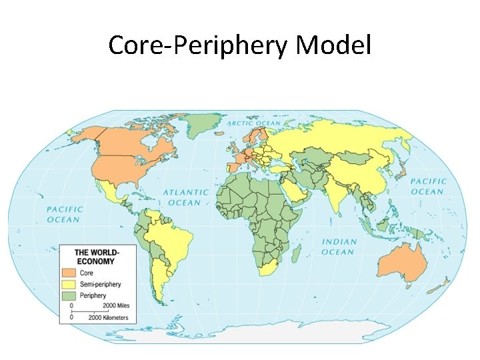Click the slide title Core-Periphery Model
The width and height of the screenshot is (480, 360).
pos(239,45)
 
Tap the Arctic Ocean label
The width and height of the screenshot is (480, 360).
pos(254,123)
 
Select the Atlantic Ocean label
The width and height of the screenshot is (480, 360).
pos(186,197)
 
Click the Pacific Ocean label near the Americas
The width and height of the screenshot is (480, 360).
pos(64,215)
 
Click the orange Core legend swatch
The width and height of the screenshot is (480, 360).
pos(69,273)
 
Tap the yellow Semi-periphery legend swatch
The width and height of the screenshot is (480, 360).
pos(69,284)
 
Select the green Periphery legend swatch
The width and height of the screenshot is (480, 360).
pos(69,295)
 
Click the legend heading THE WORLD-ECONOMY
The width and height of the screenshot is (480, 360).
pos(97,257)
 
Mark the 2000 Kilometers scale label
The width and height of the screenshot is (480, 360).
pos(109,317)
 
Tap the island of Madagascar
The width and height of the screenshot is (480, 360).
pos(297,253)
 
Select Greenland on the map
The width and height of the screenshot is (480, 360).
pos(203,124)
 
